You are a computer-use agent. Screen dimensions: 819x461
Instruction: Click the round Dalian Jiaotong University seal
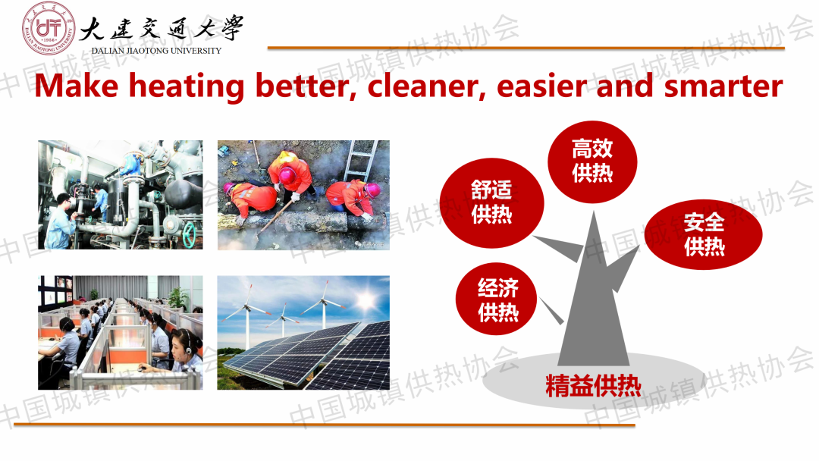[49, 28]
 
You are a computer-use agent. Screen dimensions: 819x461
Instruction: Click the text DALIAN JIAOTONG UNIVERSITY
[156, 51]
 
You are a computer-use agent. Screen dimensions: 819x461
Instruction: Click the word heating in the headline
[187, 86]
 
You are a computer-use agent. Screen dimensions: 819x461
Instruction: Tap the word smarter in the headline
[723, 86]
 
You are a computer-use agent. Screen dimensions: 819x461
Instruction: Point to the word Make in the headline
[77, 86]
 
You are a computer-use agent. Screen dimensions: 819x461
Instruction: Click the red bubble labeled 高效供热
[592, 161]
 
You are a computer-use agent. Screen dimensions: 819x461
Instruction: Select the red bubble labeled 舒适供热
[491, 202]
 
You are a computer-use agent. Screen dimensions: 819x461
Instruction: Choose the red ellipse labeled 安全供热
[704, 234]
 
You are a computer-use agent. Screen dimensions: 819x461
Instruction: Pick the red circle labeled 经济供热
[496, 299]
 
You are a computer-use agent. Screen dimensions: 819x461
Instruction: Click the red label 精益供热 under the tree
[593, 386]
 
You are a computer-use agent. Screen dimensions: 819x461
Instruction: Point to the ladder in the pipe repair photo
[360, 159]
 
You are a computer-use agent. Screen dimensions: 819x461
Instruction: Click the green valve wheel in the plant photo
[189, 235]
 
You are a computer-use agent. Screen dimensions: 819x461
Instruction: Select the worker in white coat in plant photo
[60, 221]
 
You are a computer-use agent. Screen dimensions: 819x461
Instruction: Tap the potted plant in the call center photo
[179, 298]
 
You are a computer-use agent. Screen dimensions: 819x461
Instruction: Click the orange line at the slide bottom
[325, 425]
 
